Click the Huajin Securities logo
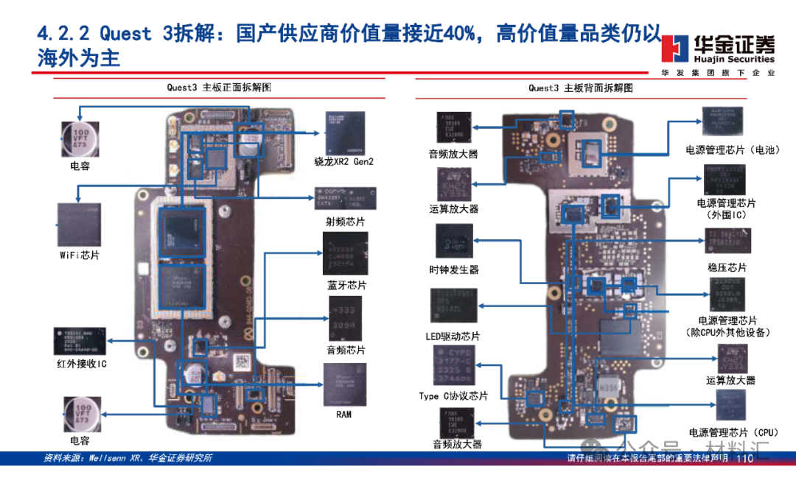point(718,50)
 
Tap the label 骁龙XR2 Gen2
point(343,161)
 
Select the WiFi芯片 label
point(80,255)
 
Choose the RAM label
point(344,415)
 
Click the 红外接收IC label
point(82,363)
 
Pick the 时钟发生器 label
point(454,269)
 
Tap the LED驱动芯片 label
point(453,336)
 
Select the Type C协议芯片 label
point(453,396)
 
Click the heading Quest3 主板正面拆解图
point(219,87)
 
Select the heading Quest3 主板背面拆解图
point(580,88)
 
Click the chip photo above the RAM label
point(344,385)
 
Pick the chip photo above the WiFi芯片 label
point(79,225)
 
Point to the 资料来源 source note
point(128,459)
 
